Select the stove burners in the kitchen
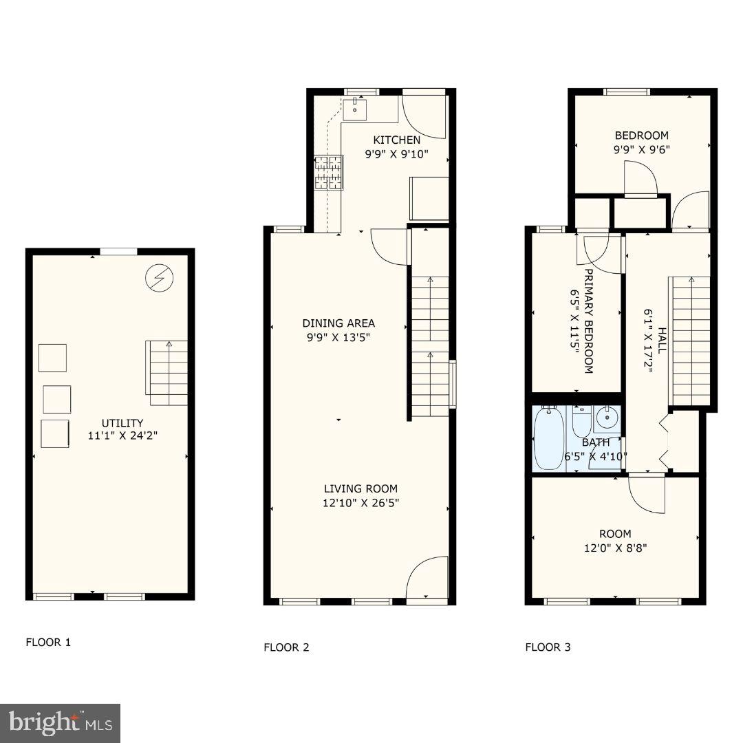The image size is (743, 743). click(x=329, y=171)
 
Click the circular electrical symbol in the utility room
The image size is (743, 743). click(x=160, y=277)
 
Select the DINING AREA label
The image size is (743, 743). click(x=338, y=323)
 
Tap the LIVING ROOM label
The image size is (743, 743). click(x=361, y=489)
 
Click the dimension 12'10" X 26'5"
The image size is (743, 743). click(x=361, y=503)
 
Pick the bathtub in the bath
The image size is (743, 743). click(x=548, y=439)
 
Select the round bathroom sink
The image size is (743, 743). click(x=607, y=417)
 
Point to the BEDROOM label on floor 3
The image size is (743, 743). click(x=641, y=136)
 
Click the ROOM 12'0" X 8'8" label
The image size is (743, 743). click(x=615, y=541)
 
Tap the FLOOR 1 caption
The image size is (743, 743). click(x=48, y=643)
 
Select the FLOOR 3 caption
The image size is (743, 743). click(x=548, y=647)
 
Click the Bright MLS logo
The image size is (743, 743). click(x=60, y=723)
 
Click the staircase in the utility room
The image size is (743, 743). click(x=166, y=372)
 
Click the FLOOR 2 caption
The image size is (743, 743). click(x=286, y=647)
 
